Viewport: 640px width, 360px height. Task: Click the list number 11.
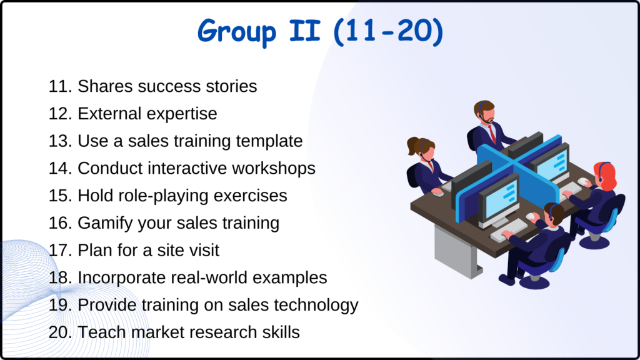pyautogui.click(x=60, y=86)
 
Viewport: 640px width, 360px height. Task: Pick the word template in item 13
pyautogui.click(x=269, y=141)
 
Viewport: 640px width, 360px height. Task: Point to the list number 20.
pyautogui.click(x=60, y=332)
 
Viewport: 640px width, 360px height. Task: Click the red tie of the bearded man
pyautogui.click(x=492, y=132)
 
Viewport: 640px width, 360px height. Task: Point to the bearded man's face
pyautogui.click(x=486, y=116)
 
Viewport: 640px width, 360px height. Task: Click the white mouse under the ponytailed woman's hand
pyautogui.click(x=438, y=193)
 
